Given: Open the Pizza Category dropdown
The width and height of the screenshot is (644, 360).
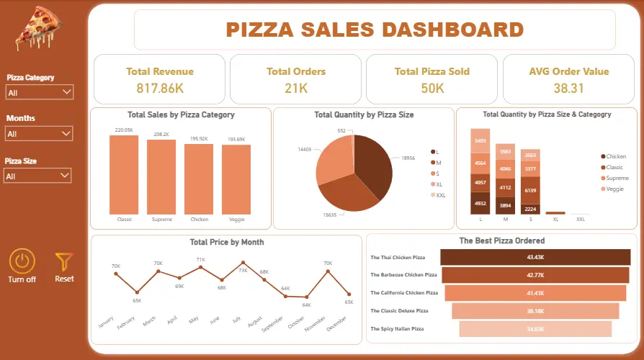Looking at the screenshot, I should [39, 92].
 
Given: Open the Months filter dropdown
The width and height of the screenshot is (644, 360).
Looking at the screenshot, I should [39, 134].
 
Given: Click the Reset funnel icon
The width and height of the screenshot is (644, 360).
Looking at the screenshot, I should [64, 261].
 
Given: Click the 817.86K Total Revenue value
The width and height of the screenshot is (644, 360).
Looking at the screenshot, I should [159, 89].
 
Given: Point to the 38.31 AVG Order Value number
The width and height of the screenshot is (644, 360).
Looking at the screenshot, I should [568, 89].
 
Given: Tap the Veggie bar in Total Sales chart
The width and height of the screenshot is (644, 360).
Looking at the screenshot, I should [236, 179].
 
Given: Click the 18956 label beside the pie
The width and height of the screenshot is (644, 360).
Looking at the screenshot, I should [408, 157].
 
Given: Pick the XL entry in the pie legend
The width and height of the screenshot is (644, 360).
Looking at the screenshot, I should [438, 184].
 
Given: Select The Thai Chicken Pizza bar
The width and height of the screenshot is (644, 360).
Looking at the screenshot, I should [535, 257].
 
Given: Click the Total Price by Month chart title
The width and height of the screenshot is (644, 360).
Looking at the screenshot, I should [226, 243].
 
